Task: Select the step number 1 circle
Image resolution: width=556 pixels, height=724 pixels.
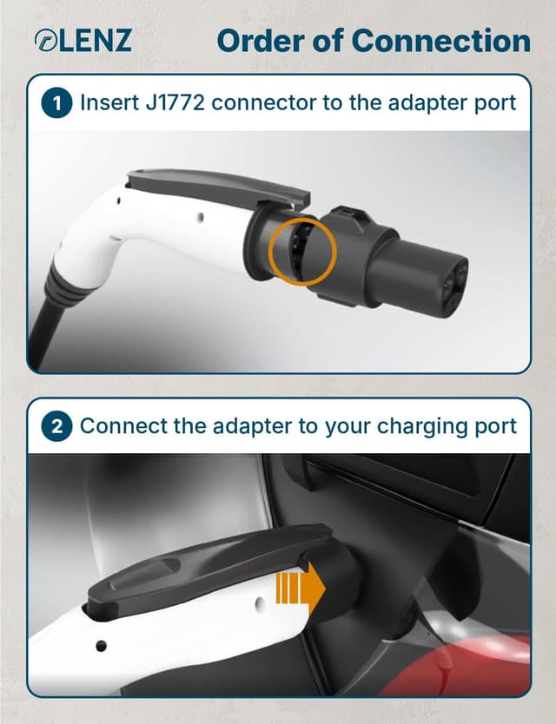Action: pos(57,103)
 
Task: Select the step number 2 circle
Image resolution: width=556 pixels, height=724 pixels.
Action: pos(57,426)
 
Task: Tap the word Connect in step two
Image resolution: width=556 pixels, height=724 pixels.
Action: pos(117,426)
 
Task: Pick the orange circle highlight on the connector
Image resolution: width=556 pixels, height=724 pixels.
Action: pos(301,252)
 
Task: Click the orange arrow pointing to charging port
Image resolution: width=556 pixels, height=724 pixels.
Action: pos(300,589)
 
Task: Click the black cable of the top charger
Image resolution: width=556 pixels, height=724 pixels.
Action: pos(43,321)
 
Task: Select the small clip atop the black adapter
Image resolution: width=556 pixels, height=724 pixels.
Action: pos(350,211)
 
